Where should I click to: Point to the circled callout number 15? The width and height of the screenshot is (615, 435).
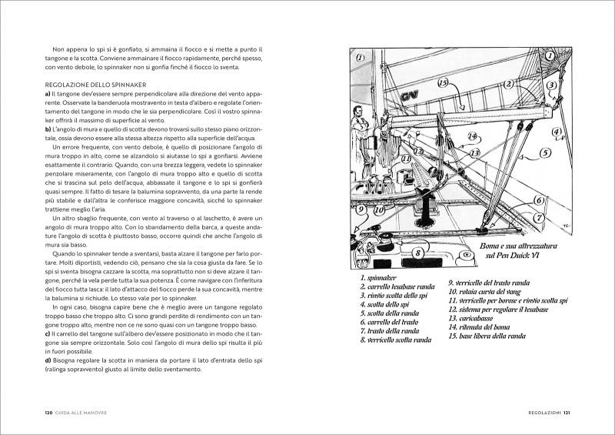[443, 82]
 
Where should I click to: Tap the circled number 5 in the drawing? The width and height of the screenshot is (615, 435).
[544, 152]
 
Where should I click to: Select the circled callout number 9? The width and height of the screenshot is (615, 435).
[361, 209]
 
